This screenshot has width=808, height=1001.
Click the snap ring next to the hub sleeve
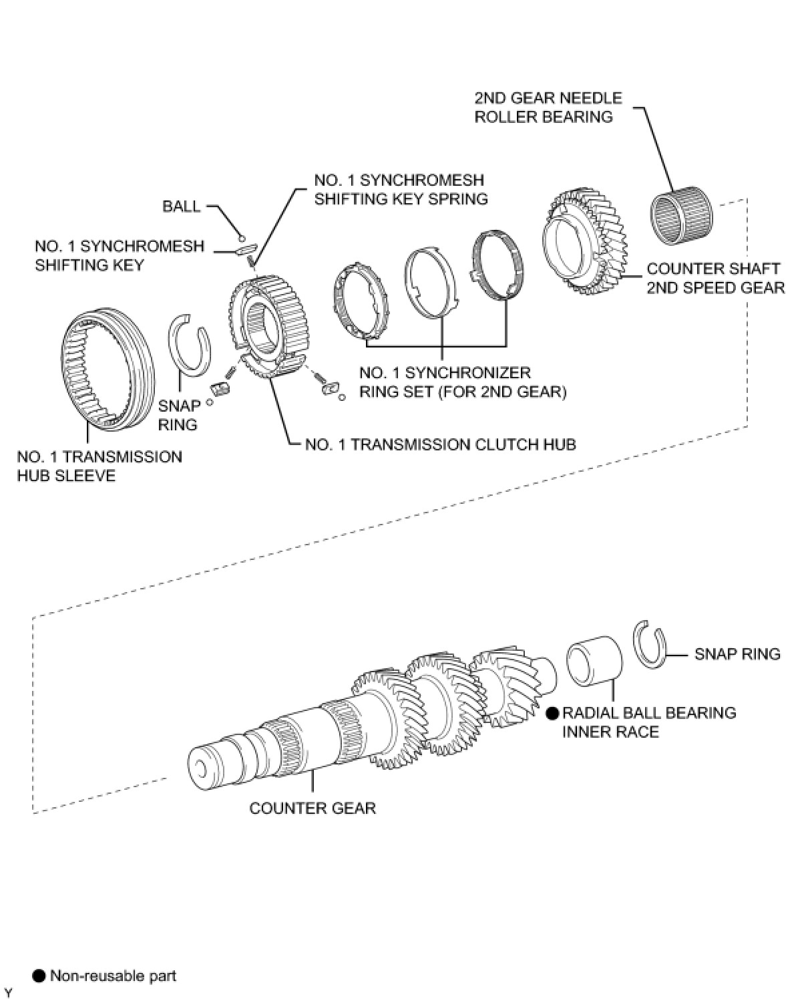coord(190,340)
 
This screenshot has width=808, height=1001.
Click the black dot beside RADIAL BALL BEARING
coord(552,714)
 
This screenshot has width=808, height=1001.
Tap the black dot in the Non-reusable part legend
coord(40,976)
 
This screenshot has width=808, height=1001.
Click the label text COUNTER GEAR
coord(313,808)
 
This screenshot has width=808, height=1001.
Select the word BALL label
coord(182,206)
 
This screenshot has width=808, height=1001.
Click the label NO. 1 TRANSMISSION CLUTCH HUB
coord(440,444)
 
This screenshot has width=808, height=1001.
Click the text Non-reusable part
coord(113,976)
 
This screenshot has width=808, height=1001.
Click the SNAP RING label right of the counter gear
coord(737,654)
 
